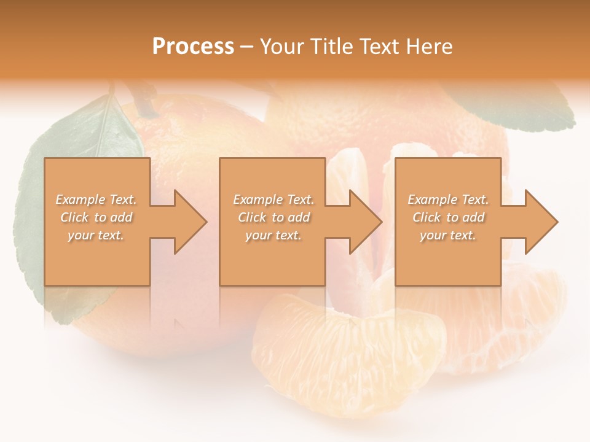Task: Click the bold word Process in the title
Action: pos(193,46)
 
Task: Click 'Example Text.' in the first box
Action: pos(96,200)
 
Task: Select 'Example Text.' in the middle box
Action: pos(273,200)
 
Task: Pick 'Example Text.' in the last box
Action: pos(448,200)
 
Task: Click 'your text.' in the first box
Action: pos(96,235)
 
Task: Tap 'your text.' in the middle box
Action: pos(273,235)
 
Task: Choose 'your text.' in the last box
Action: pos(447,235)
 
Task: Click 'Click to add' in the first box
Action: pos(96,217)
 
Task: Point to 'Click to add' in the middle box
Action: pos(273,217)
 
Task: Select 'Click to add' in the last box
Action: pos(448,217)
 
